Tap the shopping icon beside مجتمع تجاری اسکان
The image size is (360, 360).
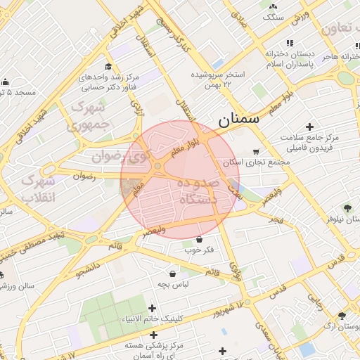[255, 151]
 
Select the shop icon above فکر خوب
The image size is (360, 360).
[200, 240]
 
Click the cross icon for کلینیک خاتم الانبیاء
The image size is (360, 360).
[153, 307]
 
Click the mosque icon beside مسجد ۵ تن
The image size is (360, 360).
[6, 82]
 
